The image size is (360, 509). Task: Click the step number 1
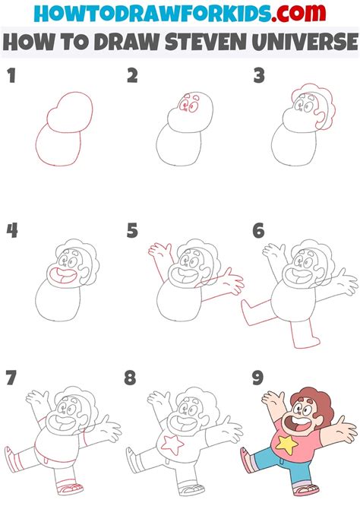tap(11, 75)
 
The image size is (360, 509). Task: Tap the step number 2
tap(132, 75)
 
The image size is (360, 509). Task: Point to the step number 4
tap(11, 229)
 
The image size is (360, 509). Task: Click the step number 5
tap(132, 229)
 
